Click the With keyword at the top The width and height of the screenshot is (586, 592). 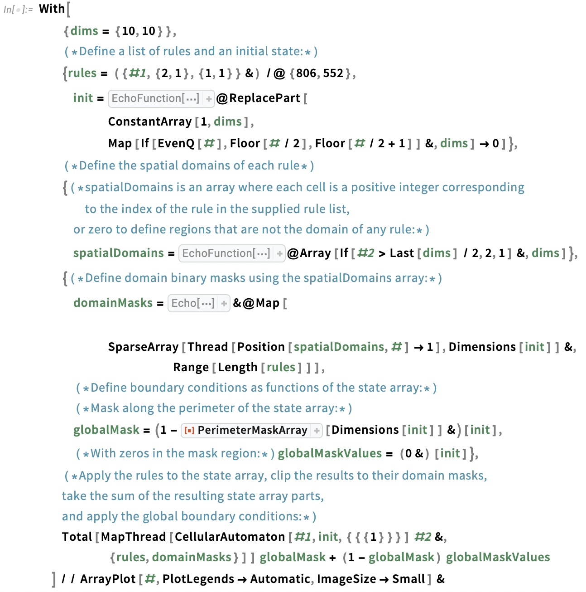click(x=52, y=9)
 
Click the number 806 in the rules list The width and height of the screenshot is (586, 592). click(x=307, y=73)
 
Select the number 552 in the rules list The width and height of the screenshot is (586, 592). click(x=333, y=73)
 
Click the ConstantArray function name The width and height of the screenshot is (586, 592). click(x=150, y=121)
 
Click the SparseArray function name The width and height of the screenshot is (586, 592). click(x=143, y=347)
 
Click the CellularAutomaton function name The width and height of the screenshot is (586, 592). click(x=230, y=537)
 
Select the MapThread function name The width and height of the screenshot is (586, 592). click(x=133, y=537)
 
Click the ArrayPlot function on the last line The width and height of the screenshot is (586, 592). click(x=108, y=579)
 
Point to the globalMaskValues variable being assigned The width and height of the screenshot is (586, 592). click(x=330, y=454)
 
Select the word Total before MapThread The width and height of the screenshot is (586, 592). click(x=77, y=537)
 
